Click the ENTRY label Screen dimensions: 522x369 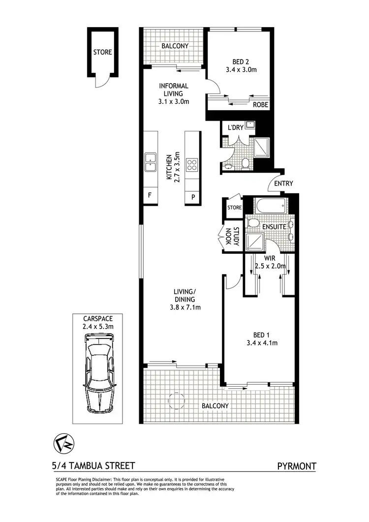pos(284,184)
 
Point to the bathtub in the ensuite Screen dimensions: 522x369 pos(269,206)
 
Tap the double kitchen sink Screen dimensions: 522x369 pos(150,163)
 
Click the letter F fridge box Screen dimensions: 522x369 pos(150,195)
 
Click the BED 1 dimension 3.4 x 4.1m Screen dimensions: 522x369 pos(261,343)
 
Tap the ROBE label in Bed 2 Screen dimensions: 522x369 pos(260,105)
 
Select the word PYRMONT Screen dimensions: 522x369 pos(297,465)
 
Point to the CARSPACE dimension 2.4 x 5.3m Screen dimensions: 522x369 pos(98,326)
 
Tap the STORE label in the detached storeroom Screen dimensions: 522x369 pos(103,52)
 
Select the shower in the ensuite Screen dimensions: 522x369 pos(255,241)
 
